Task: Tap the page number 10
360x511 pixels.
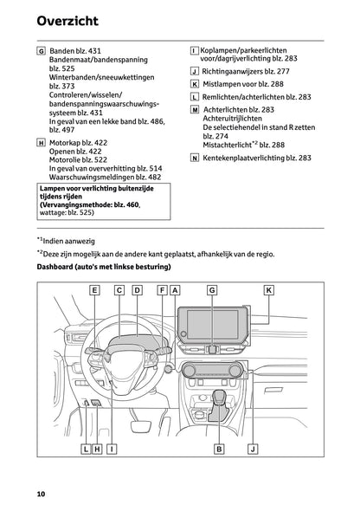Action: (x=41, y=494)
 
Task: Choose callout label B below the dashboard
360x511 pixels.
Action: (x=220, y=449)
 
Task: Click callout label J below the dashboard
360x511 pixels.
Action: (x=252, y=449)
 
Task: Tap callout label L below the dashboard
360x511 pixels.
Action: (x=86, y=449)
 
